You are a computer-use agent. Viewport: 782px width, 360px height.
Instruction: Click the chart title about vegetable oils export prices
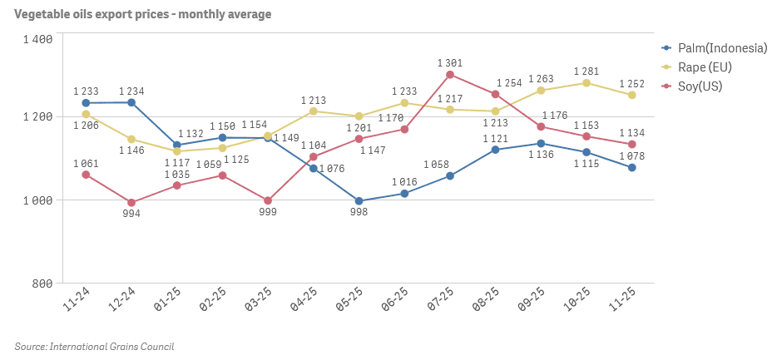pyautogui.click(x=142, y=14)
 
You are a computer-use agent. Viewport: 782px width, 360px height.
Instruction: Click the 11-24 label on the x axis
pyautogui.click(x=77, y=299)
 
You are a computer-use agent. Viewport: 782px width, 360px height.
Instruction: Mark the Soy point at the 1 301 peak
pyautogui.click(x=450, y=75)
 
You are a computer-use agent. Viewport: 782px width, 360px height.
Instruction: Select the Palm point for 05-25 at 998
pyautogui.click(x=359, y=200)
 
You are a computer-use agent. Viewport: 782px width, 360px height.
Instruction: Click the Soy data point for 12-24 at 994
pyautogui.click(x=131, y=202)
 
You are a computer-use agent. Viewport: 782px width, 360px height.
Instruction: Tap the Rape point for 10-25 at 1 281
pyautogui.click(x=586, y=83)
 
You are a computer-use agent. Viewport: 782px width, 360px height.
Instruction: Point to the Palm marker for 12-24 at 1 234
pyautogui.click(x=131, y=102)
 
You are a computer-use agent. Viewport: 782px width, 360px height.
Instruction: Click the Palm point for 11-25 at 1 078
pyautogui.click(x=632, y=167)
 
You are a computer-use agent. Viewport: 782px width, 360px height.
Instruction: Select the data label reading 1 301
pyautogui.click(x=450, y=62)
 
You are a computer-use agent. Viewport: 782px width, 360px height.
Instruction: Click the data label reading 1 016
pyautogui.click(x=404, y=181)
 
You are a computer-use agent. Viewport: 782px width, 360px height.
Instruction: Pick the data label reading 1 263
pyautogui.click(x=542, y=79)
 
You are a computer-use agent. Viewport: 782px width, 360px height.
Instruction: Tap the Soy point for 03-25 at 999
pyautogui.click(x=268, y=200)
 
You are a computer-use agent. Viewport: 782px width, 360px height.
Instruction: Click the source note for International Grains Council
pyautogui.click(x=94, y=346)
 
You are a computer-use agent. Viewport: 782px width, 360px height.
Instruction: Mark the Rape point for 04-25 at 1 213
pyautogui.click(x=314, y=111)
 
